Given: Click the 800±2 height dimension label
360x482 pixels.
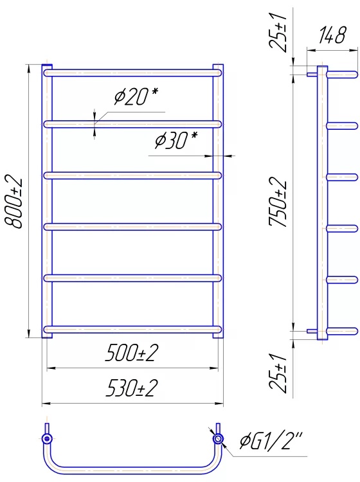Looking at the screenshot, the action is [x=14, y=202].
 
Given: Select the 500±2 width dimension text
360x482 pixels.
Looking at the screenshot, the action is [x=132, y=353].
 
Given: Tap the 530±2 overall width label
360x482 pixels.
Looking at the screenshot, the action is [x=132, y=388].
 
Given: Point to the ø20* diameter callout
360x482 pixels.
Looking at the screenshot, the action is [x=136, y=96].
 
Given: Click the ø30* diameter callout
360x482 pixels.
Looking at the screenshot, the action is [x=176, y=141].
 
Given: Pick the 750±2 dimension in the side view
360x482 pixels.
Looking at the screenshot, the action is [x=278, y=202].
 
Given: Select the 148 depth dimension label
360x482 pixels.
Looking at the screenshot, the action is [x=332, y=35].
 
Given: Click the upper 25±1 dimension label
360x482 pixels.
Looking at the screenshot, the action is [x=278, y=32].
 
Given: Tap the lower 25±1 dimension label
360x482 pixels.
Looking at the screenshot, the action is [x=278, y=373].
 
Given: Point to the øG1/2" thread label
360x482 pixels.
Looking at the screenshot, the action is [x=271, y=440].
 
